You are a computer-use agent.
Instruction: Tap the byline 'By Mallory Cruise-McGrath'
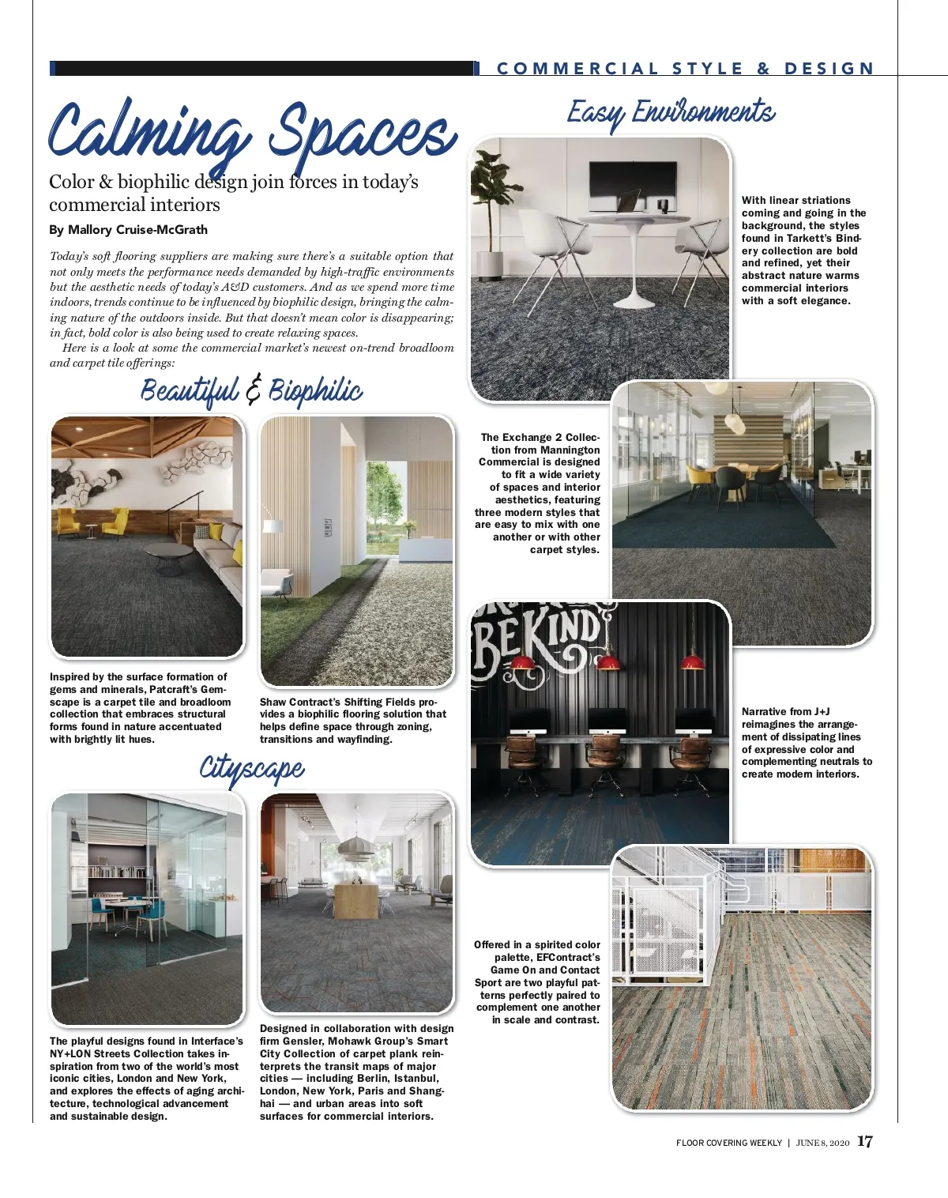tap(128, 230)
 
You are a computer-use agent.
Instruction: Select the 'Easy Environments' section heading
tap(671, 113)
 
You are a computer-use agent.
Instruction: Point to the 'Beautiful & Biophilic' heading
tap(251, 391)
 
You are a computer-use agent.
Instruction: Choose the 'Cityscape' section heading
tap(251, 768)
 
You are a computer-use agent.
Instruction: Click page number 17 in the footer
tap(865, 1142)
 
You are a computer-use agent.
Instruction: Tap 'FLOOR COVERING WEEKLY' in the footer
tap(728, 1143)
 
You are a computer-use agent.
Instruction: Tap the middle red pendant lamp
tap(608, 662)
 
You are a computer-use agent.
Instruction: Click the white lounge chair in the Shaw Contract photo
tap(276, 583)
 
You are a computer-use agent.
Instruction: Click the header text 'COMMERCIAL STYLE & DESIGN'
tap(685, 69)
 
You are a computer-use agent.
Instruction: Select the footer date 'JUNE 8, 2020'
tap(822, 1143)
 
